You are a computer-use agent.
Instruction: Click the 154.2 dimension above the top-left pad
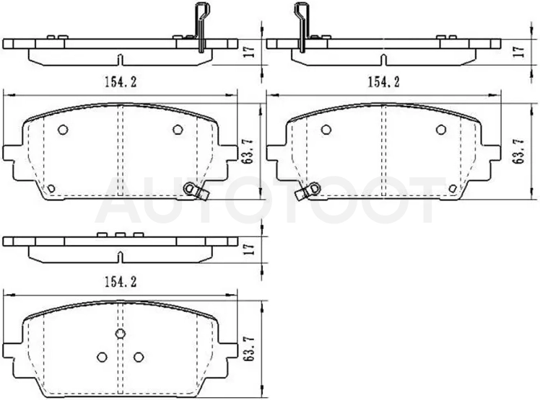click(120, 82)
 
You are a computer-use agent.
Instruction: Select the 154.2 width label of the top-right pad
click(384, 82)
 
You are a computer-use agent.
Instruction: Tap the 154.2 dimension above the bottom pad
click(120, 282)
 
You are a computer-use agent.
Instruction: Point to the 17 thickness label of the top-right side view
click(518, 51)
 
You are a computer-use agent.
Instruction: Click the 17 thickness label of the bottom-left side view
click(249, 249)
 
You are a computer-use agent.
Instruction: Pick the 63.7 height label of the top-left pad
click(248, 151)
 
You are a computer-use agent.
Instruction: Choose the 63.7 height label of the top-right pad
click(518, 151)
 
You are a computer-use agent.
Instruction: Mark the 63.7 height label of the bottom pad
click(248, 348)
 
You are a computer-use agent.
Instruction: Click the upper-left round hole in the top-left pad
click(63, 130)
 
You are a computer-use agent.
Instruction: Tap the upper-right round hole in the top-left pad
click(178, 130)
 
